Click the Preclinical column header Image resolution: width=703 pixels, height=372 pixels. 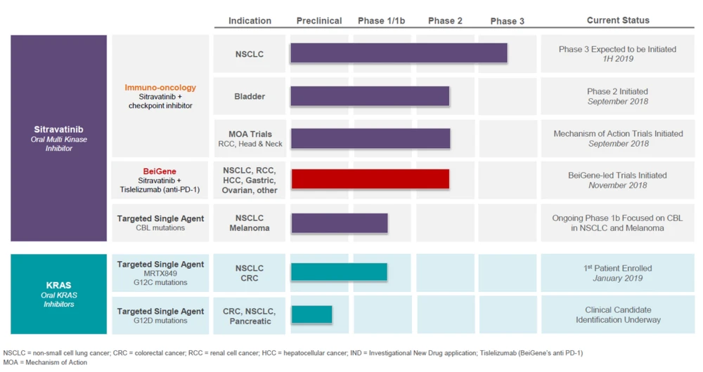coord(319,21)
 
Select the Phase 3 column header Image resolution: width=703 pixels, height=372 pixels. coord(507,21)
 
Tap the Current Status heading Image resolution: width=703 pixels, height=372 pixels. coord(618,20)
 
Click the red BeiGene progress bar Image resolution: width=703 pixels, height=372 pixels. coord(370,179)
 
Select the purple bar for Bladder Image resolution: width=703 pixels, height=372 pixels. coord(370,96)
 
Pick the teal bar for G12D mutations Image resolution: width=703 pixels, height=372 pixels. coord(311,314)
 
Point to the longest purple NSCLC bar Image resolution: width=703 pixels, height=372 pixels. coord(399,53)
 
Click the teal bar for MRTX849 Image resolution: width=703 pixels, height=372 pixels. coord(339,272)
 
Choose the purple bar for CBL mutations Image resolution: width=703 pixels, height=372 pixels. coord(340,223)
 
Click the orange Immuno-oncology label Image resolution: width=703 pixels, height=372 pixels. coord(160,88)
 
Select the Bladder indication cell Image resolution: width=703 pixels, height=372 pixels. coord(250,96)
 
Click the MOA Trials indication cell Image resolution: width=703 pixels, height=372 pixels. coord(250,138)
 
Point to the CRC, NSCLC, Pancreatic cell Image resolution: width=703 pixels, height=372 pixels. coord(250,316)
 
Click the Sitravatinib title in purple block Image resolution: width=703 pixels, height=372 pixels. coord(58,130)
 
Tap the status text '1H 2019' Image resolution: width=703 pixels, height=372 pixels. coord(617,59)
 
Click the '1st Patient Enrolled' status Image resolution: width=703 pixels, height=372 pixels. coord(617,268)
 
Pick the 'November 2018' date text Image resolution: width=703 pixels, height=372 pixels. coord(617,185)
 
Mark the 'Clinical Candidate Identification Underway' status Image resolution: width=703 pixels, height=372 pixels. coord(617,314)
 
